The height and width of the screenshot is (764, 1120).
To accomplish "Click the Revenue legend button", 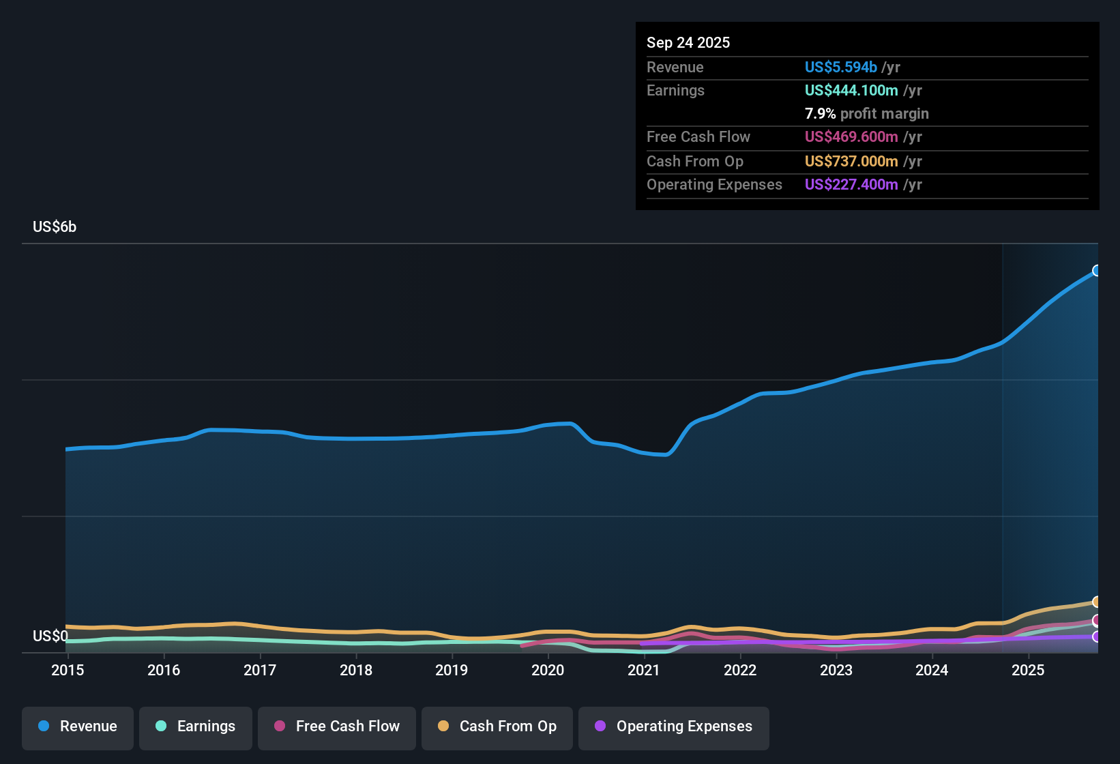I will pyautogui.click(x=78, y=726).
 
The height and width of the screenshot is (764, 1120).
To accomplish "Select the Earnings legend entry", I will pyautogui.click(x=196, y=726).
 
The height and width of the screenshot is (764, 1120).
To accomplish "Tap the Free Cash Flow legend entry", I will pyautogui.click(x=337, y=726).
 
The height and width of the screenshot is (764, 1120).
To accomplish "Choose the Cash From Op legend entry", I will pyautogui.click(x=497, y=726).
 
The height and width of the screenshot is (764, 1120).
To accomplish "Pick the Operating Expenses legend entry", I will pyautogui.click(x=674, y=726).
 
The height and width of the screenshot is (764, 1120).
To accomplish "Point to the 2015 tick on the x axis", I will pyautogui.click(x=68, y=670).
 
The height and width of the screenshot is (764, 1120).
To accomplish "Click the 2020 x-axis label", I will pyautogui.click(x=548, y=670).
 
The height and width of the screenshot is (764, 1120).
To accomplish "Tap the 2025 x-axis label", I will pyautogui.click(x=1028, y=670).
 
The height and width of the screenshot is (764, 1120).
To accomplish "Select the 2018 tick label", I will pyautogui.click(x=356, y=670).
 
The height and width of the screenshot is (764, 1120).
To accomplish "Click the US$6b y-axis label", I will pyautogui.click(x=55, y=227).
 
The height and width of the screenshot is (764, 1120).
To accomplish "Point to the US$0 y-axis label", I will pyautogui.click(x=50, y=636).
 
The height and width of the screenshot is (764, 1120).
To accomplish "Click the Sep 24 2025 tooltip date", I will pyautogui.click(x=688, y=43).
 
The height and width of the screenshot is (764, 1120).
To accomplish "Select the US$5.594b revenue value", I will pyautogui.click(x=840, y=68).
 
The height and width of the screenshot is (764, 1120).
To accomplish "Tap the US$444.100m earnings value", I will pyautogui.click(x=851, y=91).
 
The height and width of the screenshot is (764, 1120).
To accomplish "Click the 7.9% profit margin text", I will pyautogui.click(x=866, y=114).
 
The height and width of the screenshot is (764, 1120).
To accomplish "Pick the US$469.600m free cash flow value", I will pyautogui.click(x=851, y=137).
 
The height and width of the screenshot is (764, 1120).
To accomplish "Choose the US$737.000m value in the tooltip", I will pyautogui.click(x=851, y=162).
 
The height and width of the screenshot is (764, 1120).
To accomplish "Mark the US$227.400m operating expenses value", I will pyautogui.click(x=851, y=185).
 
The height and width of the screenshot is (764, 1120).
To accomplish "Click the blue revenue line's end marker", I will pyautogui.click(x=1097, y=271).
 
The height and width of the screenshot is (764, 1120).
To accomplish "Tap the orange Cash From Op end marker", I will pyautogui.click(x=1097, y=602).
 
